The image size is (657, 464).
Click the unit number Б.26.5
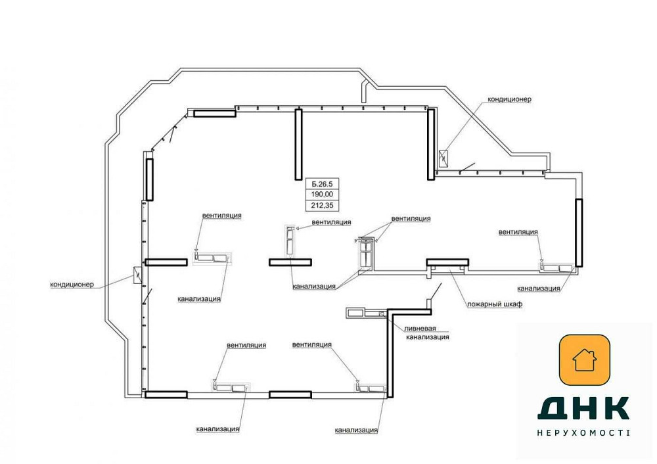click(x=322, y=184)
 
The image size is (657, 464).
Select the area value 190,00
click(x=322, y=195)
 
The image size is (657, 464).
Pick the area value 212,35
click(x=322, y=205)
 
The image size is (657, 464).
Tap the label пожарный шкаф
click(x=495, y=304)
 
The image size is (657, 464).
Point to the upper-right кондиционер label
click(x=509, y=99)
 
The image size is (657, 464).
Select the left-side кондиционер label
click(x=72, y=285)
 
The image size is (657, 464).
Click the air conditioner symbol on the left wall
click(x=137, y=275)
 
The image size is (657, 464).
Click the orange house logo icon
click(x=585, y=360)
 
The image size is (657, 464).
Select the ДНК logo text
click(x=583, y=408)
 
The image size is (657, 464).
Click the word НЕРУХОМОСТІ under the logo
click(x=583, y=432)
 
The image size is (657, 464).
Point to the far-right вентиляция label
click(x=518, y=232)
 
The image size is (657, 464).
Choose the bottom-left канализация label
click(x=217, y=429)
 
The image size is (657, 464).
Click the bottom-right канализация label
click(x=356, y=430)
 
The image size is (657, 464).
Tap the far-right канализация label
click(x=539, y=289)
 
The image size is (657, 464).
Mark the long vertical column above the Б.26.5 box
click(x=298, y=145)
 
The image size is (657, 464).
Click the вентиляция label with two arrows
click(x=411, y=219)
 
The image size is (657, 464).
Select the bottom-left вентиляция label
click(x=246, y=346)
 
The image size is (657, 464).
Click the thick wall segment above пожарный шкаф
click(x=447, y=262)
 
